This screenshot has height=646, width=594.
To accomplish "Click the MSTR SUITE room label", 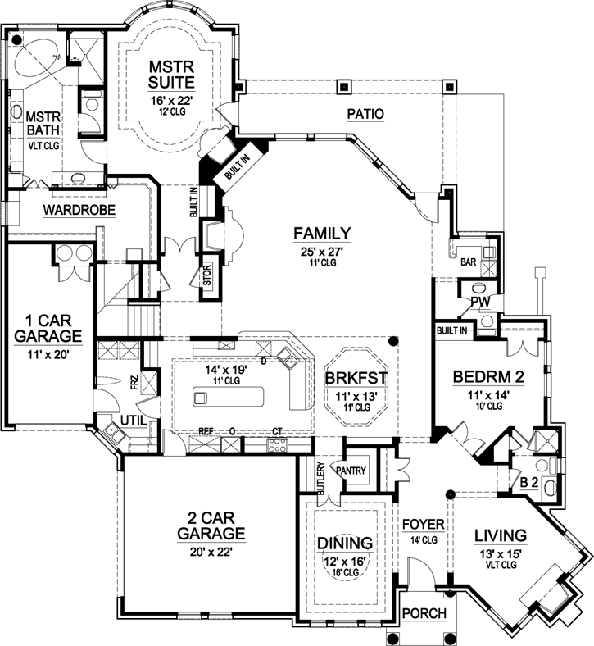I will click(x=170, y=73).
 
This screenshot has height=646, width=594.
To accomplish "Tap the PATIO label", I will click(x=366, y=114).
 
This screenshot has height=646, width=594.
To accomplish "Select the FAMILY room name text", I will click(x=322, y=232).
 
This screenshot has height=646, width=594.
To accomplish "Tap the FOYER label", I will click(x=423, y=523).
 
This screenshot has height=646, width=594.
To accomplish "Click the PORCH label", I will click(x=424, y=613).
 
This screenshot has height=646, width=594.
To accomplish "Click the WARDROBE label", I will click(x=79, y=211).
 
